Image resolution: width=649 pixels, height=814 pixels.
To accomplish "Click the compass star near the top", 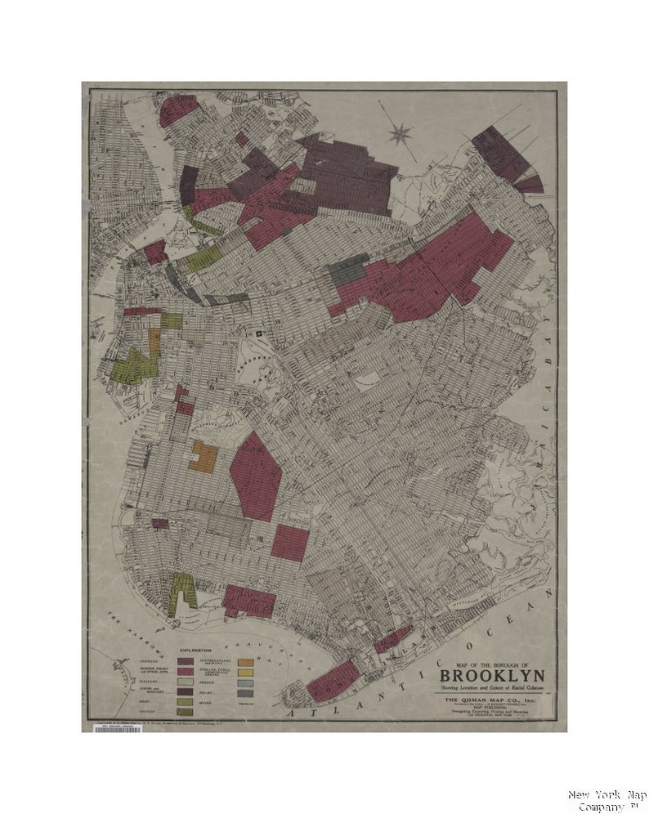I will click(400, 132).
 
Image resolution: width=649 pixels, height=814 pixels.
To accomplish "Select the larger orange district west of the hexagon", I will click(203, 458).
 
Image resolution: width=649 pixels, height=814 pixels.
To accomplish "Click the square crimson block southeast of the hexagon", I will click(289, 543).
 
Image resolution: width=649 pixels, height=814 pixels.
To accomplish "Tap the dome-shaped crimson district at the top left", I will click(177, 110).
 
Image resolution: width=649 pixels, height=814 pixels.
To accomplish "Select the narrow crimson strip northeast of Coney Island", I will click(392, 639).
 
